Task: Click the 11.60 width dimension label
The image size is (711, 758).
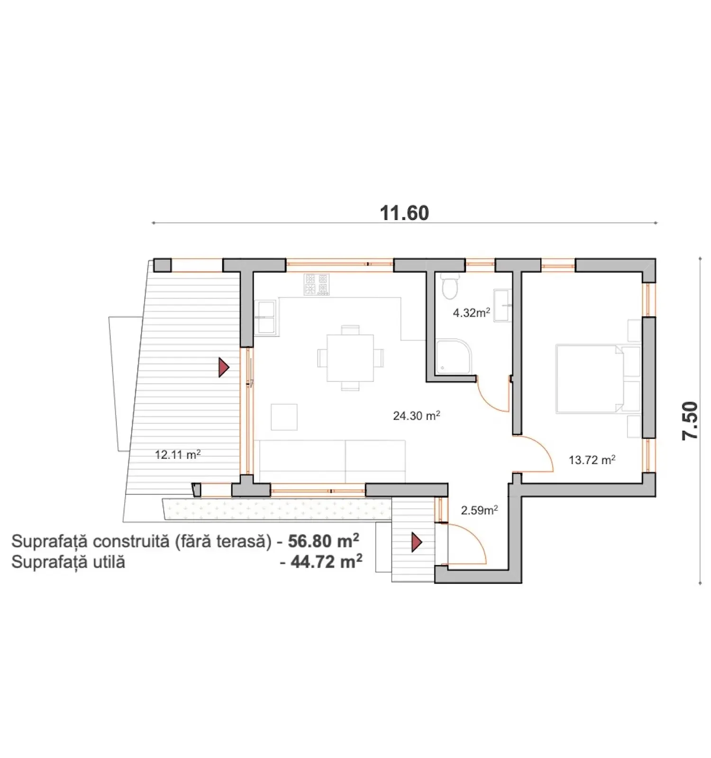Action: pyautogui.click(x=404, y=213)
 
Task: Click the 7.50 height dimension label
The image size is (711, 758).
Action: pyautogui.click(x=690, y=421)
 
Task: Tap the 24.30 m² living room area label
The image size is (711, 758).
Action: pyautogui.click(x=416, y=416)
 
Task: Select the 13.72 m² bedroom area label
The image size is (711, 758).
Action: pyautogui.click(x=592, y=460)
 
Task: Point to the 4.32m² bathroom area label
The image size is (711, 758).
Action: pyautogui.click(x=471, y=313)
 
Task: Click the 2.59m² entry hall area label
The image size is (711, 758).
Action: pyautogui.click(x=479, y=510)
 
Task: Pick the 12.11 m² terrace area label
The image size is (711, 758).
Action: pyautogui.click(x=178, y=455)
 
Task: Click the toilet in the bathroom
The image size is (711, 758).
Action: pyautogui.click(x=449, y=286)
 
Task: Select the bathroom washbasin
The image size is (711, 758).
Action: pyautogui.click(x=502, y=306)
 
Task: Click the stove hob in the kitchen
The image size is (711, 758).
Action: pyautogui.click(x=317, y=284)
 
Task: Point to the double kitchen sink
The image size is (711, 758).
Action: pyautogui.click(x=265, y=317)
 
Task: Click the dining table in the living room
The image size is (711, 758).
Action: pyautogui.click(x=350, y=358)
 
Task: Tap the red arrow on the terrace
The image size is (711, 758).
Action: pyautogui.click(x=223, y=368)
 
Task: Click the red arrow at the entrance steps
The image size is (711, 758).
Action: pyautogui.click(x=416, y=542)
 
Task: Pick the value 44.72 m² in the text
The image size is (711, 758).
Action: pyautogui.click(x=326, y=562)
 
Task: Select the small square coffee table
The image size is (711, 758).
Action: pyautogui.click(x=284, y=417)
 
